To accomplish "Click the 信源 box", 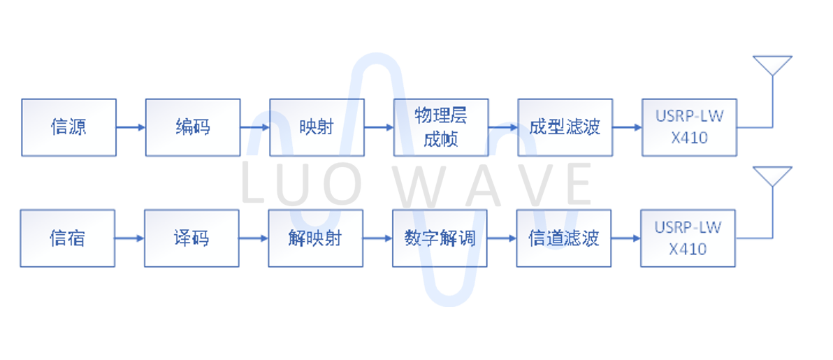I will [68, 127].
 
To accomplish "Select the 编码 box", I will [193, 127].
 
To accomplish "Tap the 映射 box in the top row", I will [317, 127].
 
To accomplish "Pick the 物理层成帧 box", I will [441, 127].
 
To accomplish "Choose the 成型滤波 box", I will [565, 127].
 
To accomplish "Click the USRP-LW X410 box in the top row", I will [689, 127].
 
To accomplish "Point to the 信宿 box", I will [67, 238].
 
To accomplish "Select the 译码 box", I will [191, 238].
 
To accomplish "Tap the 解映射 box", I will [315, 238].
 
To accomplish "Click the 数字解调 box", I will [440, 238].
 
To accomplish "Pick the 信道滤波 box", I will [563, 238].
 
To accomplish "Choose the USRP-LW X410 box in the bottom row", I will [688, 238].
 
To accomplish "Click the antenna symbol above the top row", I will [772, 66].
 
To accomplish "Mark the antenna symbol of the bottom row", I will [772, 177].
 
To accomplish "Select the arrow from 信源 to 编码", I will [131, 127].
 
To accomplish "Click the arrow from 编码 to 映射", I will [255, 127].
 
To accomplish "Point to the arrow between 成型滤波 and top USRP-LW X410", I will [627, 127].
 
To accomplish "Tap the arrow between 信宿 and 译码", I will [129, 238].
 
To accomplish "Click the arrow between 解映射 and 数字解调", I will [377, 238].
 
